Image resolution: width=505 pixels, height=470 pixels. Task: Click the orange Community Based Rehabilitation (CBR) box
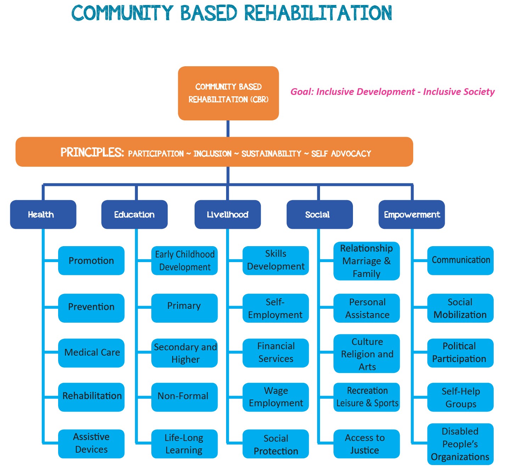coord(228,93)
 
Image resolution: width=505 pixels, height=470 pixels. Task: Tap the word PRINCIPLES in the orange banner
coord(92,153)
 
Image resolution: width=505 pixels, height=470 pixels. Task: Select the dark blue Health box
coord(43,214)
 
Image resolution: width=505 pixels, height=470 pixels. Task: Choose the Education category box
coord(134,214)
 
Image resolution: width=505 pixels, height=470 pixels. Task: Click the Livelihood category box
coord(228,214)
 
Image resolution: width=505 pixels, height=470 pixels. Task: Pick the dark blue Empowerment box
coord(412,214)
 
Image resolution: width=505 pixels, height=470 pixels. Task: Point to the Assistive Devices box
coord(91,444)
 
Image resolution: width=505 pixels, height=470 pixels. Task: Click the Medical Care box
coord(91,353)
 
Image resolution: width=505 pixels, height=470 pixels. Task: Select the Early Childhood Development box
coord(184,261)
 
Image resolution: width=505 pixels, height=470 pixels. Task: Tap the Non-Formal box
coord(184,397)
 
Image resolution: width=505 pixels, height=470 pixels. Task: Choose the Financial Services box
coord(276,353)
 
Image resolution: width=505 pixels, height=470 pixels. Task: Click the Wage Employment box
coord(276,397)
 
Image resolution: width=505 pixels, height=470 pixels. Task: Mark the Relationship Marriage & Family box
coord(366,261)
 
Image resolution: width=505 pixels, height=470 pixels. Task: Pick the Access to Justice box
coord(366,444)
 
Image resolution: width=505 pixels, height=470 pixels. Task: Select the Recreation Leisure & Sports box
coord(366,397)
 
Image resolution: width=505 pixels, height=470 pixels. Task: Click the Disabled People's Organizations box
coord(460,444)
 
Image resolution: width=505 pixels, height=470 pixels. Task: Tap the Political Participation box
coord(460,353)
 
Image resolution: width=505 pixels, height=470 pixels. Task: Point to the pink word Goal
coord(302,92)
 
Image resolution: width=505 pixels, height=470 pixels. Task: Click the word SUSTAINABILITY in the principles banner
coord(271,153)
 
